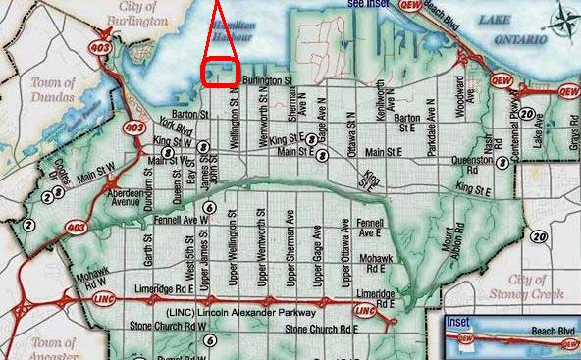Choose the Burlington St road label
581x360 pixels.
point(270,79)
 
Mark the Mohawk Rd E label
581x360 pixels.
point(380,262)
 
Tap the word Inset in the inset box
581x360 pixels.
point(457,321)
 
